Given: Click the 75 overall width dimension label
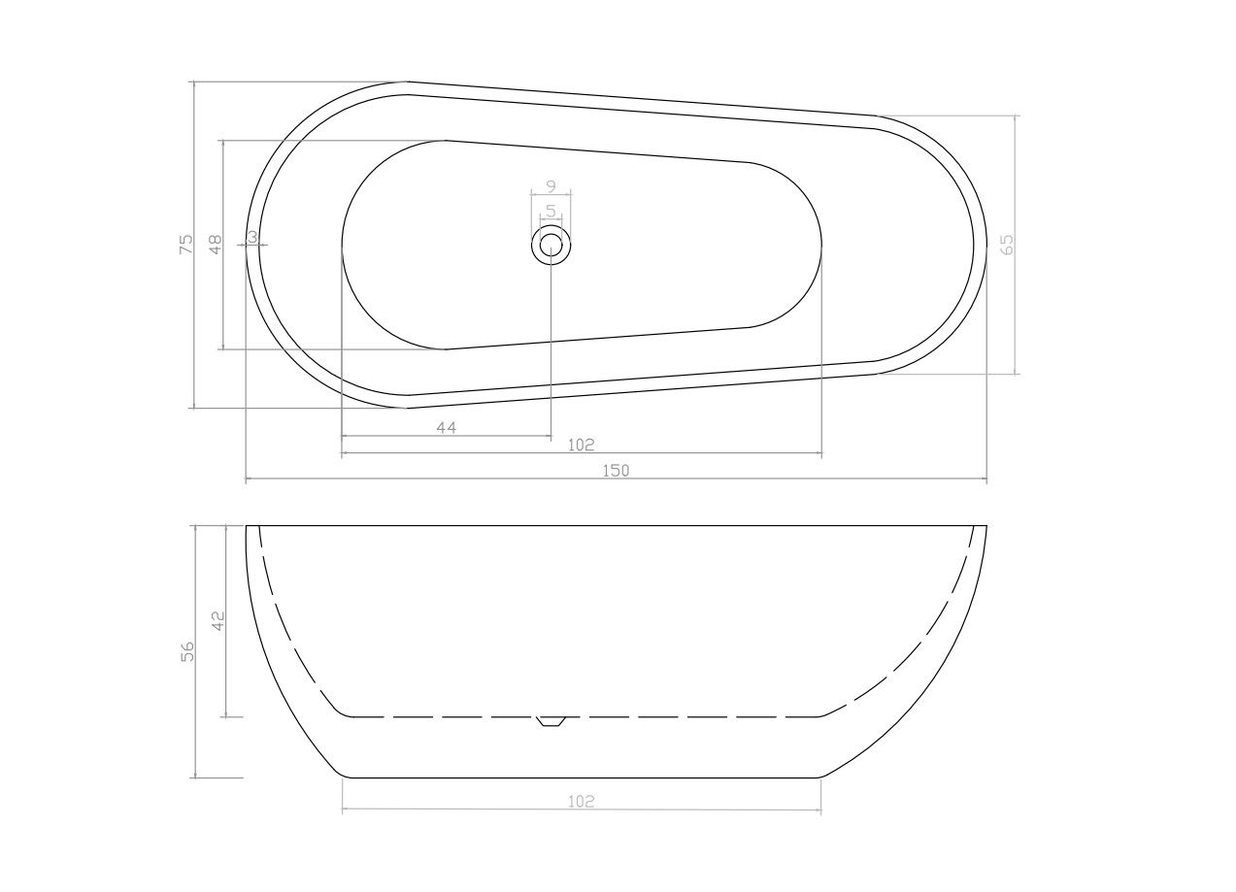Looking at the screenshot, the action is click(187, 244).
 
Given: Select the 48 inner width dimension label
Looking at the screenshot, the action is click(216, 244).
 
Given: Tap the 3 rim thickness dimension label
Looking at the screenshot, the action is click(252, 237).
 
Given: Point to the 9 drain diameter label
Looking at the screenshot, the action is click(551, 186).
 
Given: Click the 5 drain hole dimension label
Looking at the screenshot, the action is click(551, 211).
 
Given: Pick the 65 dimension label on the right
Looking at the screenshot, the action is click(1007, 245).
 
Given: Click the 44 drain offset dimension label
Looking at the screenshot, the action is click(447, 427).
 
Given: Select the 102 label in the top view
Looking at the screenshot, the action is click(581, 445).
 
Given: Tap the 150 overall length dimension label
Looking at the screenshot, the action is click(616, 471).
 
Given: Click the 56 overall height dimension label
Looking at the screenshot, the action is click(187, 651).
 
